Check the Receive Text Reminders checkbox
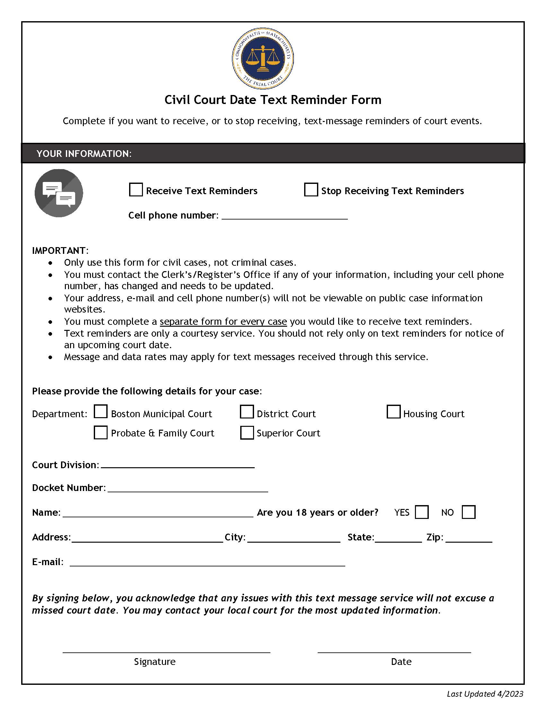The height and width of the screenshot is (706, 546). click(x=136, y=190)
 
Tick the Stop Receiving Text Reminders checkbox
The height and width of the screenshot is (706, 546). click(x=311, y=190)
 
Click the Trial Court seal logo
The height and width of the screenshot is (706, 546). click(x=263, y=58)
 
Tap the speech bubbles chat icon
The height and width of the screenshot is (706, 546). click(x=59, y=193)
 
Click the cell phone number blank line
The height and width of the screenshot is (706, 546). click(x=285, y=216)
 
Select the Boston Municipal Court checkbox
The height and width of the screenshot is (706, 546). click(x=101, y=412)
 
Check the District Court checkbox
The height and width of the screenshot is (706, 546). click(x=247, y=412)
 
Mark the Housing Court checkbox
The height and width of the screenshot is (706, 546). click(x=394, y=412)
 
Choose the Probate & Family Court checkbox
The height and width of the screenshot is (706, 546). click(x=101, y=433)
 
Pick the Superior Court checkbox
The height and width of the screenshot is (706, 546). click(x=247, y=433)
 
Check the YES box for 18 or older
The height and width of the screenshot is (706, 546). click(x=422, y=512)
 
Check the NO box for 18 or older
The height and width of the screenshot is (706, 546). click(x=469, y=512)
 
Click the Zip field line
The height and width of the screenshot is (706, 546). click(x=469, y=538)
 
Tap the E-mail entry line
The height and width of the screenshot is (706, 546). click(x=207, y=563)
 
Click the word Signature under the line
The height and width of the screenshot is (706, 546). click(x=154, y=662)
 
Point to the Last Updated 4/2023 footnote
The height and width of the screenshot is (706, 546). click(x=485, y=694)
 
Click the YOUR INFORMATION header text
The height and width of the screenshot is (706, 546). click(x=84, y=153)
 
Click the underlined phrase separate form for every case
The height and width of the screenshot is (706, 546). click(x=223, y=322)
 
